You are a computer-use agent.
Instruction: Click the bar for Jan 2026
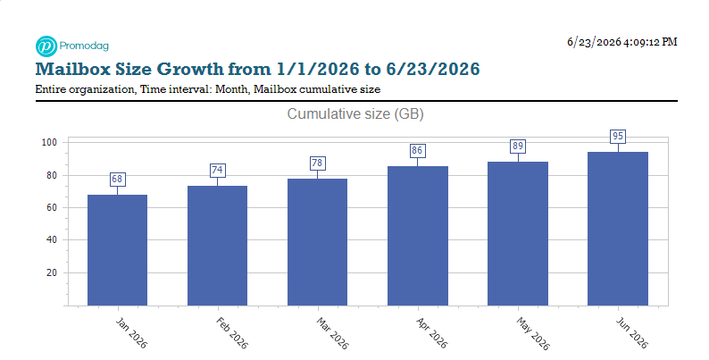tap(117, 250)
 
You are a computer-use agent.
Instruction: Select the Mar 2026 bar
tap(317, 242)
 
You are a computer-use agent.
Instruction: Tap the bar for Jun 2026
tap(618, 229)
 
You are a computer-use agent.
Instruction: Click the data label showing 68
tap(117, 179)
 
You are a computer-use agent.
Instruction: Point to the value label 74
tap(217, 170)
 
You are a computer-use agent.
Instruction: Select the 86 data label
tap(417, 151)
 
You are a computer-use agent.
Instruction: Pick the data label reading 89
tap(518, 147)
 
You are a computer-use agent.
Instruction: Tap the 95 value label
tap(618, 136)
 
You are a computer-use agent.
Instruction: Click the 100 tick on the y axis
tap(49, 142)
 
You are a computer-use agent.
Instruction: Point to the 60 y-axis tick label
tap(52, 207)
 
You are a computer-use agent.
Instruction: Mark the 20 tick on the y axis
tap(52, 272)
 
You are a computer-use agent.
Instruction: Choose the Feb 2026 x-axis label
tap(231, 333)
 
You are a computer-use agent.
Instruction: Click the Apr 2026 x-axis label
tap(431, 333)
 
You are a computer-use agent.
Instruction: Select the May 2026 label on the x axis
tap(533, 334)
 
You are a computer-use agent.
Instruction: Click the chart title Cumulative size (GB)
tap(355, 114)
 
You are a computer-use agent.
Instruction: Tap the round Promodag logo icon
tap(46, 46)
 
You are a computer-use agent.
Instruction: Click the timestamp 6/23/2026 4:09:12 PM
tap(622, 42)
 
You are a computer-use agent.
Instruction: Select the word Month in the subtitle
tap(231, 89)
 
